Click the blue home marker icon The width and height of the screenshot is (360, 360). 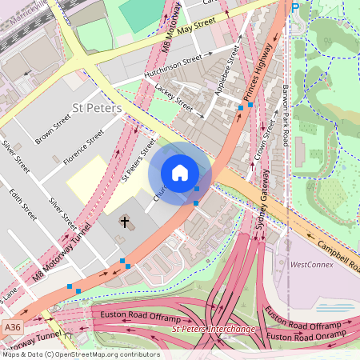(x=180, y=173)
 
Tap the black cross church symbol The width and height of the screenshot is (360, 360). (x=124, y=220)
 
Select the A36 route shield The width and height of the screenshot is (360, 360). (x=12, y=328)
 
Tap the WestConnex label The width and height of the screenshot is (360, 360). (x=310, y=264)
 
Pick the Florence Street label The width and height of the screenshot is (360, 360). (x=84, y=148)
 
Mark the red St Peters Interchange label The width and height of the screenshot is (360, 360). (x=213, y=329)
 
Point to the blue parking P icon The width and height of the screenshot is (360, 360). (x=295, y=6)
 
